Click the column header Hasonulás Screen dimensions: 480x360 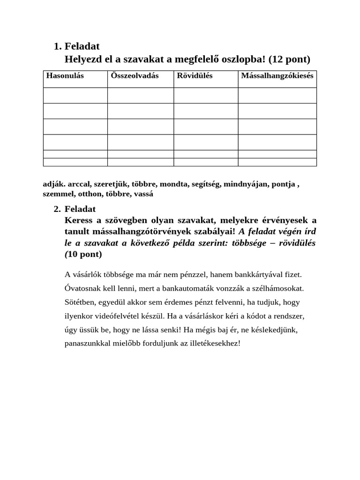pos(65,75)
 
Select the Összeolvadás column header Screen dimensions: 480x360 pos(135,75)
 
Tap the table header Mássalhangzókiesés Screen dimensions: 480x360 pos(277,75)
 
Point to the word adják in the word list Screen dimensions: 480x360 pos(53,184)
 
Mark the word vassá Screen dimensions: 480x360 pos(144,194)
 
